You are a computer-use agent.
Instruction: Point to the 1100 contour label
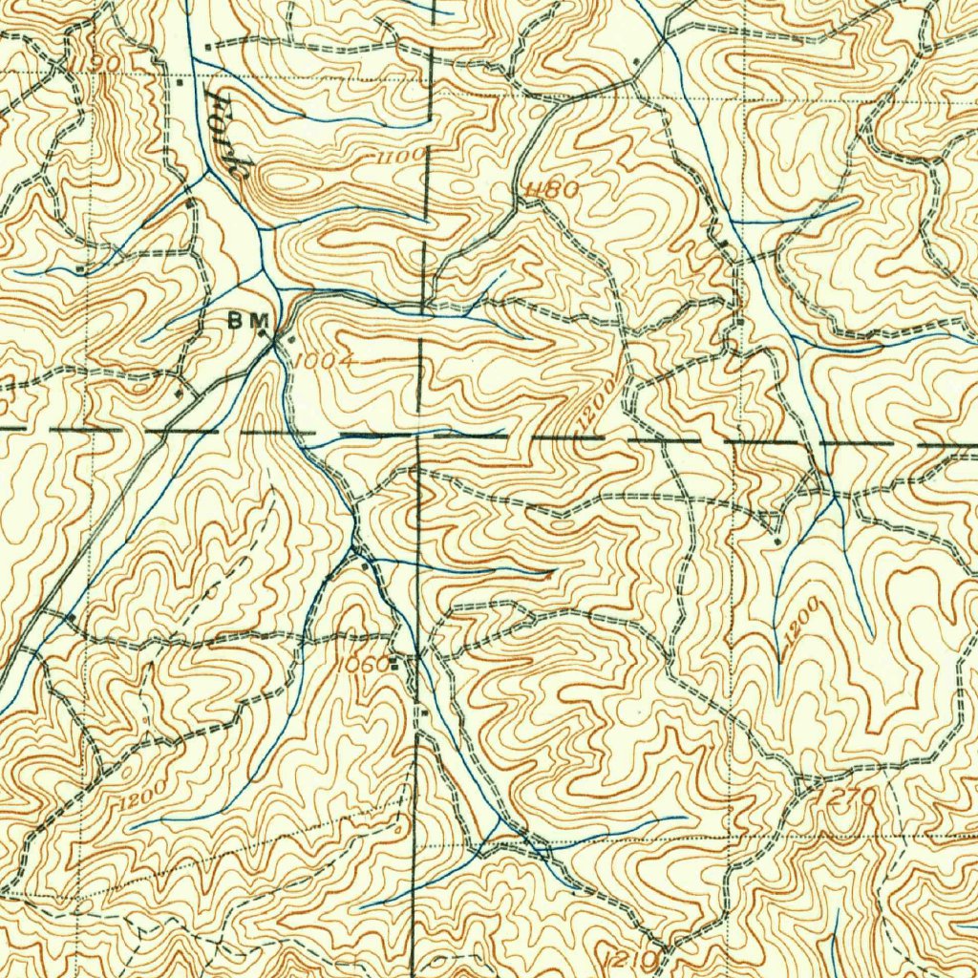click(x=399, y=155)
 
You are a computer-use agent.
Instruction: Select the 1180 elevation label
click(x=551, y=190)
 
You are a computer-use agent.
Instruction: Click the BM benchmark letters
click(x=246, y=322)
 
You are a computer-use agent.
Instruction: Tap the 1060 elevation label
click(x=363, y=663)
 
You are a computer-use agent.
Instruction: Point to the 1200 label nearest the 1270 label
click(x=800, y=622)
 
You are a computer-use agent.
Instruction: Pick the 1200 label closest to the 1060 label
click(x=143, y=794)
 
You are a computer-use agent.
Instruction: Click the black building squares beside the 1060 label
click(x=393, y=661)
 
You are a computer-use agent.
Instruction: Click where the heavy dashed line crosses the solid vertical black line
click(x=419, y=436)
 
